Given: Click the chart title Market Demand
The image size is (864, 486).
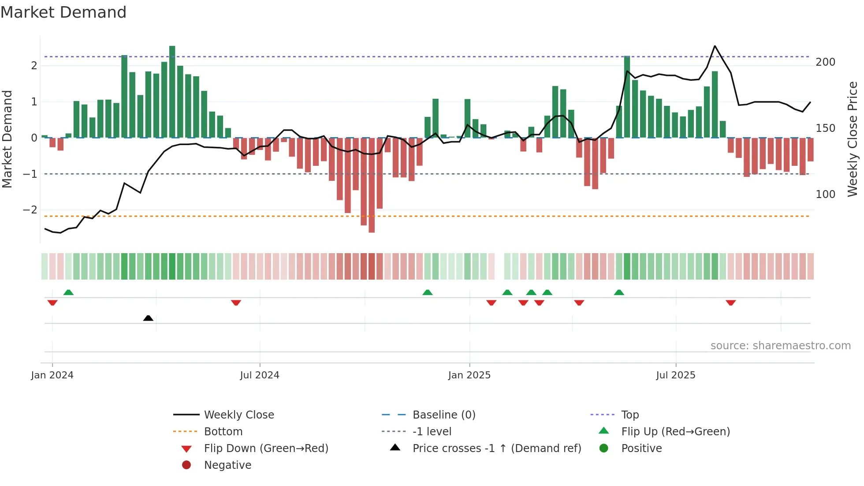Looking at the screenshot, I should click(x=63, y=12).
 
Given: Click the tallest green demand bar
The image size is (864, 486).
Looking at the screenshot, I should click(x=172, y=92).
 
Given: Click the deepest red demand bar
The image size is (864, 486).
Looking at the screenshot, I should click(x=372, y=185).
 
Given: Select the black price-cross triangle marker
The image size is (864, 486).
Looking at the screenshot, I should click(x=148, y=318).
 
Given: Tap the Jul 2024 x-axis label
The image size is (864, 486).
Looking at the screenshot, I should click(x=260, y=375).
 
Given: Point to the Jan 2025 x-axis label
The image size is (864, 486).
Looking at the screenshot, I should click(x=469, y=375).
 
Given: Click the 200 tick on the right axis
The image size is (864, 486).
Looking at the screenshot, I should click(x=825, y=62).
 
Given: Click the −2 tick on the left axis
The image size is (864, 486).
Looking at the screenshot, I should click(x=30, y=210).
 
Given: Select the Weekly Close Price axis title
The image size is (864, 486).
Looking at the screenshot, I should click(x=853, y=139).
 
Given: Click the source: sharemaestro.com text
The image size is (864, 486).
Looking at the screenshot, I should click(x=780, y=346).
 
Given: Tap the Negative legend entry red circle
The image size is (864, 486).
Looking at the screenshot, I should click(x=186, y=465).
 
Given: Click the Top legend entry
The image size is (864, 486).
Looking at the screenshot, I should click(x=630, y=415).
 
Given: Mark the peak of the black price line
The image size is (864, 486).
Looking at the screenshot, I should click(x=715, y=46).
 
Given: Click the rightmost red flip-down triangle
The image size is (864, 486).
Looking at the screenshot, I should click(x=730, y=303).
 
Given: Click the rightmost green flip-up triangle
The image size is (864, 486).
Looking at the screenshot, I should click(x=619, y=292).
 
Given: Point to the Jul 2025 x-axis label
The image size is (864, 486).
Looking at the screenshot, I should click(x=675, y=375).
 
